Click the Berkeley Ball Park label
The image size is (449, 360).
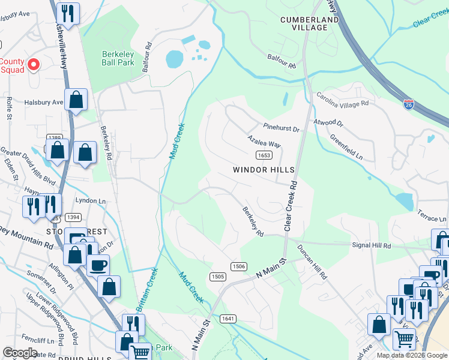117,58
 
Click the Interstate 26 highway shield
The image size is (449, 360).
409,104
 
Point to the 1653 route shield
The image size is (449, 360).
263,155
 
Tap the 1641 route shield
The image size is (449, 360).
228,319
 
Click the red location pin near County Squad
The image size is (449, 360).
34,64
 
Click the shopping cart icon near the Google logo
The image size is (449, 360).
140,352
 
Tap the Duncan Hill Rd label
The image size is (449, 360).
315,264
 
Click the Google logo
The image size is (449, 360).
20,353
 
